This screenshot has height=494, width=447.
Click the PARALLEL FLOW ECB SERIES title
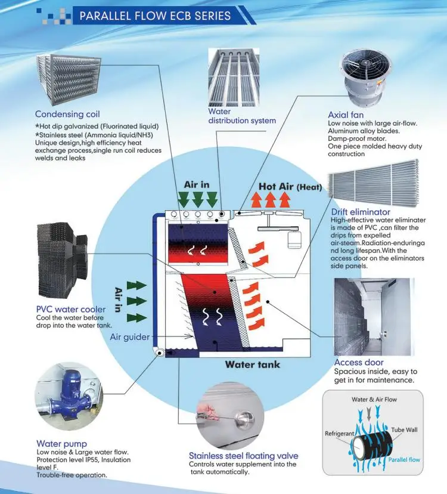[155, 16]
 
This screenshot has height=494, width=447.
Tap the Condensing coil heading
[67, 114]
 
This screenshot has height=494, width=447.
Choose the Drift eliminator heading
[361, 212]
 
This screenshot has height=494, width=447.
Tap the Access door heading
[359, 362]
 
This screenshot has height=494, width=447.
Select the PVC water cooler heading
[71, 309]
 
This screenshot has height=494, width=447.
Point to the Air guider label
[130, 337]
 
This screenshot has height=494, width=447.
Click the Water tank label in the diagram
[252, 365]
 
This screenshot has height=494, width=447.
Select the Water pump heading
[61, 443]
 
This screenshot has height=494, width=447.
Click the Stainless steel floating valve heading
[243, 456]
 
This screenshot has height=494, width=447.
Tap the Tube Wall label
[405, 430]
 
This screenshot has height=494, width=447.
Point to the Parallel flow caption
[404, 460]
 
